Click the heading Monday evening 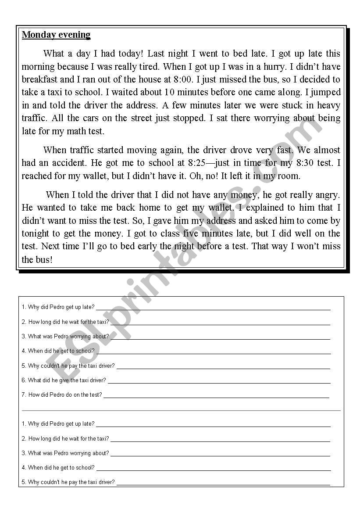pyautogui.click(x=56, y=35)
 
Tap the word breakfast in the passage pyautogui.click(x=39, y=79)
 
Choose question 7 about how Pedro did pyautogui.click(x=61, y=395)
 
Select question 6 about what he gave pyautogui.click(x=64, y=380)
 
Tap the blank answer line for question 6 pyautogui.click(x=219, y=382)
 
